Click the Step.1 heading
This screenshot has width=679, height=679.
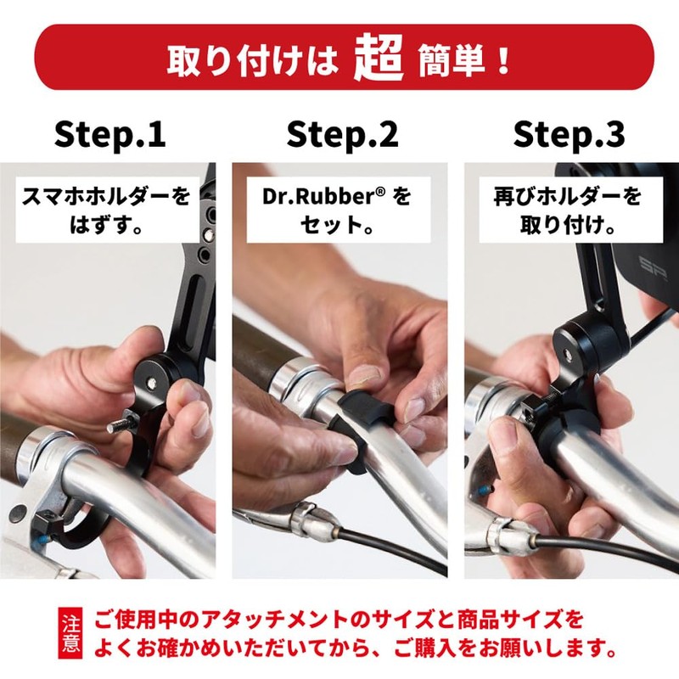tap(109, 133)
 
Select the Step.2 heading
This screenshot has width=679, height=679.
tap(341, 133)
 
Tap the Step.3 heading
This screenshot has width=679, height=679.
tap(570, 133)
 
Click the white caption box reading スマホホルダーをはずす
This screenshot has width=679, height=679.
tap(105, 210)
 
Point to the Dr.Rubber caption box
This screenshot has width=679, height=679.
tap(338, 210)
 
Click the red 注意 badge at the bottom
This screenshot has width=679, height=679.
tap(70, 633)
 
